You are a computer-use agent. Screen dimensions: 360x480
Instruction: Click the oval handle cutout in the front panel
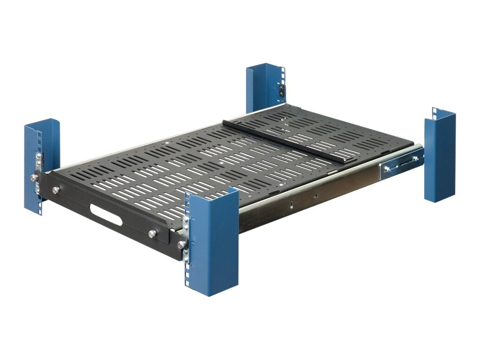pyautogui.click(x=106, y=215)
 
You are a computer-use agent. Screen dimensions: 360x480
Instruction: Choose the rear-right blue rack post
pyautogui.click(x=440, y=157)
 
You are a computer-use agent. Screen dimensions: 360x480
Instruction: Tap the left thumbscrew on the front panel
pyautogui.click(x=56, y=190)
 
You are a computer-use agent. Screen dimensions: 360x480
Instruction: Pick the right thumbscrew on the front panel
pyautogui.click(x=151, y=233)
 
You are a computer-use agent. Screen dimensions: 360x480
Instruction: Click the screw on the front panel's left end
pyautogui.click(x=35, y=178)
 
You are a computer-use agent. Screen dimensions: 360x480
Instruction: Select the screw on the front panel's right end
pyautogui.click(x=180, y=244)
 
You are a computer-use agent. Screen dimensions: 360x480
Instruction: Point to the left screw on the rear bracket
pyautogui.click(x=387, y=169)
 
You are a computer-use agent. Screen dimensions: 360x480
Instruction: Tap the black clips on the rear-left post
pyautogui.click(x=282, y=90)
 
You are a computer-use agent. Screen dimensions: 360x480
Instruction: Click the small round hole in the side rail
pyautogui.click(x=315, y=192)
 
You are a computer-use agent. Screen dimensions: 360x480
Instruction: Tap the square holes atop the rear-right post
pyautogui.click(x=435, y=111)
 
